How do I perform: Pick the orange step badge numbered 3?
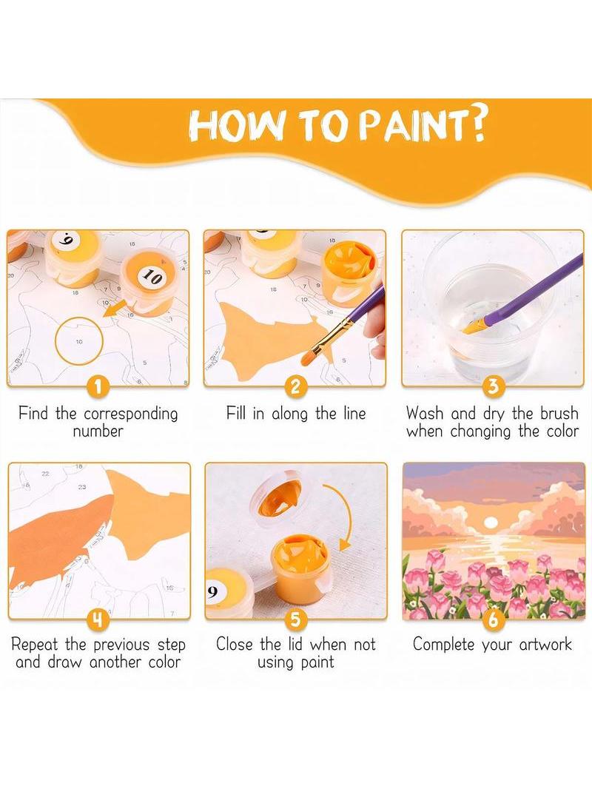click(493, 386)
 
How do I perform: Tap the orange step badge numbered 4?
click(98, 619)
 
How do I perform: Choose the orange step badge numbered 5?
click(296, 619)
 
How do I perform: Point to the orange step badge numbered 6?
click(493, 619)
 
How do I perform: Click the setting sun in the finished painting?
click(489, 523)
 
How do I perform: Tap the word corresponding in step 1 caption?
click(131, 414)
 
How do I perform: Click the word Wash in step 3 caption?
click(425, 414)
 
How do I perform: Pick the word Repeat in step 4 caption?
click(35, 645)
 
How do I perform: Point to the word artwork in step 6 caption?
click(545, 644)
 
